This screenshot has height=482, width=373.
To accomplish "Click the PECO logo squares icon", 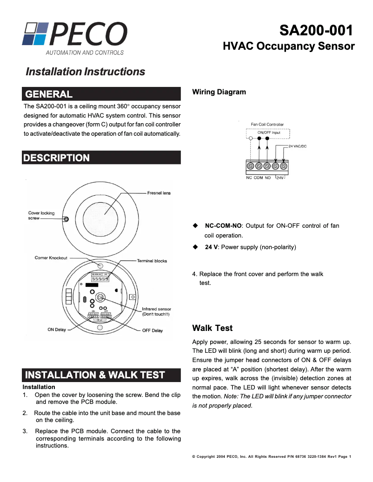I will click(35, 33).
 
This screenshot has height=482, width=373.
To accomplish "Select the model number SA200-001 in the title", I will click(316, 31).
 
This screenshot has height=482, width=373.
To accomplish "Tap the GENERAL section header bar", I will click(101, 94).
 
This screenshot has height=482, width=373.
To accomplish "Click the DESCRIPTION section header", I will click(101, 158).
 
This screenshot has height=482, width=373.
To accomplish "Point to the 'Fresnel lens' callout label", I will click(159, 193).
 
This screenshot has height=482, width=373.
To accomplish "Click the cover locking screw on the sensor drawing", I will click(66, 219).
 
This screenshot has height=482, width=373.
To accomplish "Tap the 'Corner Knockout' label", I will click(51, 258).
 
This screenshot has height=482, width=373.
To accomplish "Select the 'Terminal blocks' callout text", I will click(152, 261).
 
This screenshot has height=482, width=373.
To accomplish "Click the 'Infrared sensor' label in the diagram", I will click(156, 309).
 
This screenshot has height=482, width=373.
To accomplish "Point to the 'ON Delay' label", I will click(57, 330).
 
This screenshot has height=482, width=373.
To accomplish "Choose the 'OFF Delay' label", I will click(152, 330).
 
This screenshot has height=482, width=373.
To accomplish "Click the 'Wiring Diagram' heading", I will click(219, 92).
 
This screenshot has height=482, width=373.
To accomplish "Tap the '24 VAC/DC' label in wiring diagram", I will click(297, 146).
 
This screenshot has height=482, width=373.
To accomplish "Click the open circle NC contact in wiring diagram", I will click(251, 138).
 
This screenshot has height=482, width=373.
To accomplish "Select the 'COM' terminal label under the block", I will click(259, 178).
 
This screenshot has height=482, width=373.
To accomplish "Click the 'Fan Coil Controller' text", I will click(267, 125).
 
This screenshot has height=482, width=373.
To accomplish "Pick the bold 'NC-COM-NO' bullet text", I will click(223, 226).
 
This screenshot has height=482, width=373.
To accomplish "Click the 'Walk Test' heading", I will click(212, 328).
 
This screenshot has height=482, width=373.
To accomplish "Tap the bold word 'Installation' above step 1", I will click(39, 387).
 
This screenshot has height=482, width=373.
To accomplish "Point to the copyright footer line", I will click(271, 457).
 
